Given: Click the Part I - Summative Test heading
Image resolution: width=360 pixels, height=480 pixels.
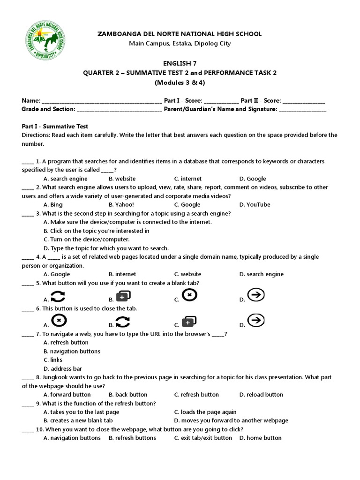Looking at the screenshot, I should tap(55, 127).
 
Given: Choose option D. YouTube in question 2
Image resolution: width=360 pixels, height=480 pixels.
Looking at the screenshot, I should tap(255, 204).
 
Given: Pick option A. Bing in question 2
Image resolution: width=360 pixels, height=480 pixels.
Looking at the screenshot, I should tap(53, 204).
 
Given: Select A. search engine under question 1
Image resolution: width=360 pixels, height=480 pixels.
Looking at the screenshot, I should tap(65, 179).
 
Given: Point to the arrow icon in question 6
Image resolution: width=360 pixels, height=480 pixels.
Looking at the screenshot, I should tap(256, 321).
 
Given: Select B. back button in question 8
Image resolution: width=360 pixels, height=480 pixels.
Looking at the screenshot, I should tap(128, 395).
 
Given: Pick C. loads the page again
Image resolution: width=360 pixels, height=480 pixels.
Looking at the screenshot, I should tap(205, 412).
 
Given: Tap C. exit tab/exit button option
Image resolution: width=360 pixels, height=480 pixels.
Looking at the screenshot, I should tap(203, 438).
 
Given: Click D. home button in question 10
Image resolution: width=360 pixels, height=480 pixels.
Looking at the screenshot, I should tap(260, 438).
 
